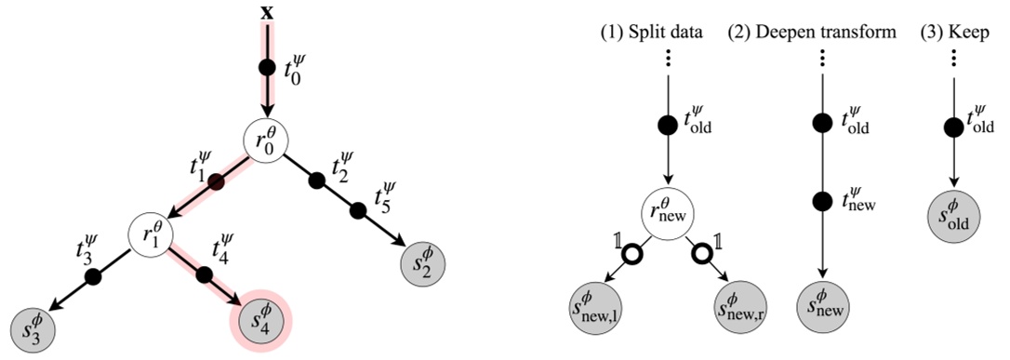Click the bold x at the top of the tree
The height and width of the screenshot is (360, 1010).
(x=268, y=11)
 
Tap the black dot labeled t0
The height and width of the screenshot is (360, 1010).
(x=268, y=68)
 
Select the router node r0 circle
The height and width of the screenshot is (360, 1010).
(x=267, y=140)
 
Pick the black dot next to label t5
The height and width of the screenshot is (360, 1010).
(x=357, y=211)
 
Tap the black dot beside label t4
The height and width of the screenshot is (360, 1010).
(x=206, y=276)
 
